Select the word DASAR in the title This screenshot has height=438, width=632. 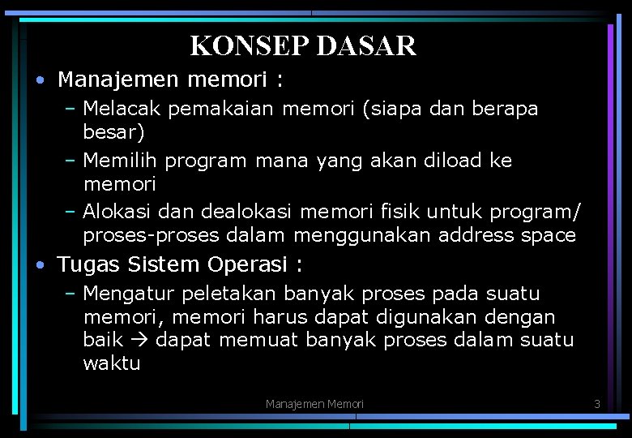(366, 45)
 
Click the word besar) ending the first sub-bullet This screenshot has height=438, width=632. (113, 131)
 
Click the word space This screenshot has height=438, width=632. (548, 236)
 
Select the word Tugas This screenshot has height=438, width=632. (88, 265)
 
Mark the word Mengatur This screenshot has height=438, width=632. (129, 294)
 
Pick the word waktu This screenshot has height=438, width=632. (112, 363)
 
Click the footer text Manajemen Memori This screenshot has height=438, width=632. (314, 403)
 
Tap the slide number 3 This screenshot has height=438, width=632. (596, 403)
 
